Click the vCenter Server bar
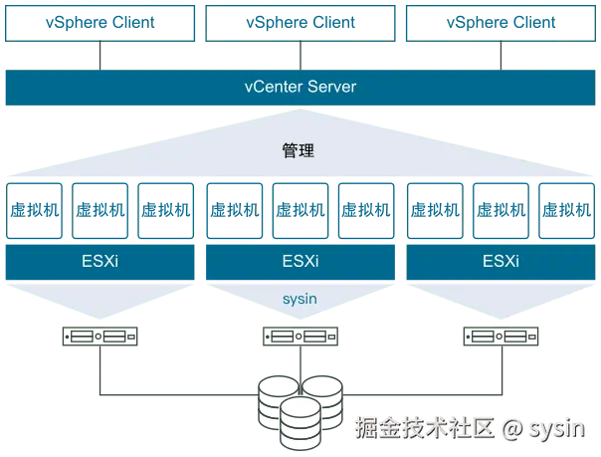coord(300,88)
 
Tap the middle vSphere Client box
coord(300,21)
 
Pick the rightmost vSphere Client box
coord(501,21)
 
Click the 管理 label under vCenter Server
coord(300,151)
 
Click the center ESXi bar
coord(300,262)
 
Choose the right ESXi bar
coord(501,262)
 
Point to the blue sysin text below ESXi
coord(300,297)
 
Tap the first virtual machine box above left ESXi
coord(35,210)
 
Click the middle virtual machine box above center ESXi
coord(300,210)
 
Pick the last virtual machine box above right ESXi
coord(564,210)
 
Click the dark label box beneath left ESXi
coord(99,340)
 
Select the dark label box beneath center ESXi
coord(300,340)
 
